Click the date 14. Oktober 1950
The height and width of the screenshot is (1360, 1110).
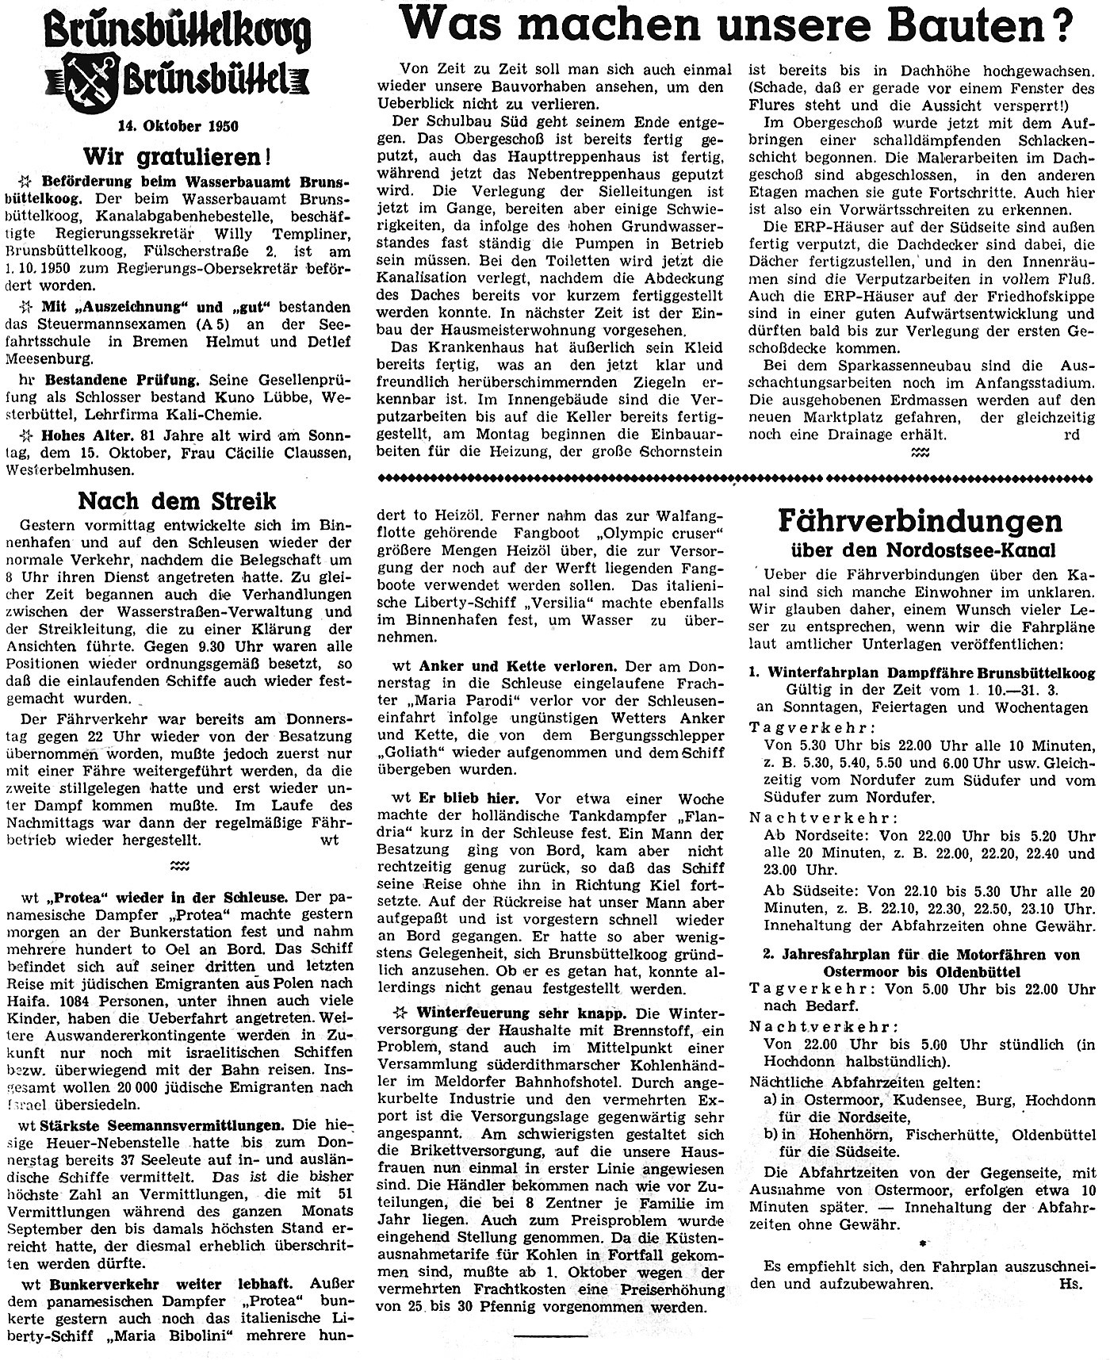tap(179, 125)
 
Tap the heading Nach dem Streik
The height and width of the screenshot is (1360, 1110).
tap(177, 501)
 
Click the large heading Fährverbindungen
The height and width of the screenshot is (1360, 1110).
tap(919, 522)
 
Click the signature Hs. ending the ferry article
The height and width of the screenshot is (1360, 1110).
tap(1071, 1282)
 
